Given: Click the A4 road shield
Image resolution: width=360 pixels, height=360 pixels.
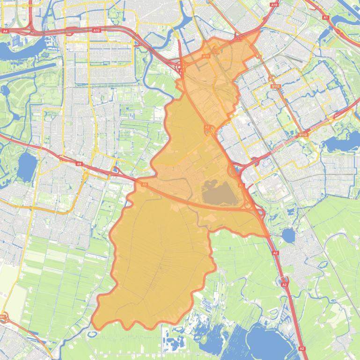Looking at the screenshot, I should (5, 31).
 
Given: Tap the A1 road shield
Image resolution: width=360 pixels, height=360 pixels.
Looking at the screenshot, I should (326, 17).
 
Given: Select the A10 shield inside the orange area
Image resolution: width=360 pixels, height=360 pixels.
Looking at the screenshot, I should (206, 56).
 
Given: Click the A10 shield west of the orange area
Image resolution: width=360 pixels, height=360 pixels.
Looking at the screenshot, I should (96, 30).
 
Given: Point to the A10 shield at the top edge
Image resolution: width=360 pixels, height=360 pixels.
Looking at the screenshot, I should (274, 5).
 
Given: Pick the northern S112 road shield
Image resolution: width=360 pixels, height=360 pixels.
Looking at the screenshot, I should (275, 86).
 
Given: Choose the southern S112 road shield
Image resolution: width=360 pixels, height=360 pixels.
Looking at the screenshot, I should (303, 135).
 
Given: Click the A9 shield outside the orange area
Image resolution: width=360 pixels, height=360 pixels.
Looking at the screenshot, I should (79, 164).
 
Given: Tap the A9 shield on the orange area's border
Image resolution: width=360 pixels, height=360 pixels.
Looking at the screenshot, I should (144, 185).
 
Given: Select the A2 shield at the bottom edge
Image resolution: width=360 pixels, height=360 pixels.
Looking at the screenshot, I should (301, 348).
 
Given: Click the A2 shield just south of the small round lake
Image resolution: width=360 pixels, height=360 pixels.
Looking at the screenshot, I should (284, 284).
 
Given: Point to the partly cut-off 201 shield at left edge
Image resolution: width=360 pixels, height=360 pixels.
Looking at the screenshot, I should (2, 317).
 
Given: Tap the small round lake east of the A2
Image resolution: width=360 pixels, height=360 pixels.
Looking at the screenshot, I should (288, 236).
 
